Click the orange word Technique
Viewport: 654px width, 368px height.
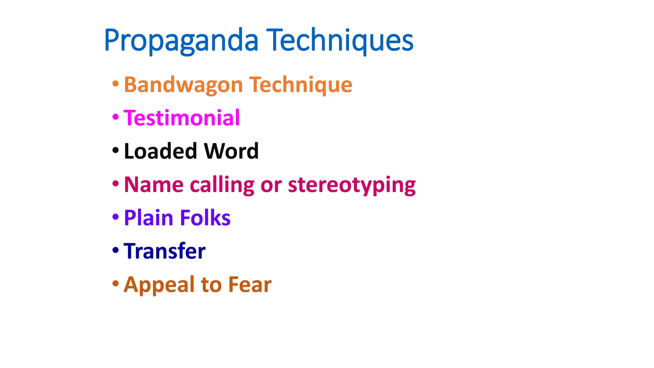pyautogui.click(x=301, y=85)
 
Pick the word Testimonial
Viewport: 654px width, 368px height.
pyautogui.click(x=182, y=118)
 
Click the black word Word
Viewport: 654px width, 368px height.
pyautogui.click(x=231, y=151)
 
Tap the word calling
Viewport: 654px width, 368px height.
pyautogui.click(x=222, y=185)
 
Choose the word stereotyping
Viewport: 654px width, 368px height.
pyautogui.click(x=352, y=185)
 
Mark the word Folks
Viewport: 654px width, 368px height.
pyautogui.click(x=205, y=218)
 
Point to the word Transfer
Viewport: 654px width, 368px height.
pyautogui.click(x=164, y=251)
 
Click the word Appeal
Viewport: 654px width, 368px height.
pyautogui.click(x=159, y=285)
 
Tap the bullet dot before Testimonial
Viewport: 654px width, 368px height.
pyautogui.click(x=116, y=117)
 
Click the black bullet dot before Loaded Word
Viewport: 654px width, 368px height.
pyautogui.click(x=116, y=150)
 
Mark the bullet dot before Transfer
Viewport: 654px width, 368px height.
pyautogui.click(x=116, y=250)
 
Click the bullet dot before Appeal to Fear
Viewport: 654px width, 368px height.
pyautogui.click(x=116, y=283)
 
